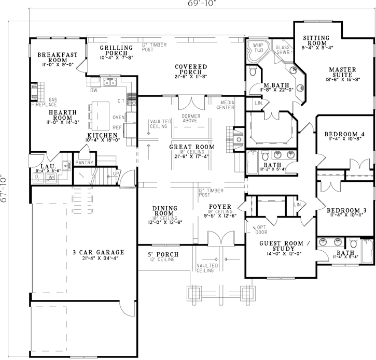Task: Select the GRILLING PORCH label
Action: tap(116, 50)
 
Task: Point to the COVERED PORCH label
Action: tap(191, 70)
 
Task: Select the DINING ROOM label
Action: tap(165, 211)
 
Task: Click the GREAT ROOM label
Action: tap(191, 147)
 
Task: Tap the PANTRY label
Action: tap(83, 162)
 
